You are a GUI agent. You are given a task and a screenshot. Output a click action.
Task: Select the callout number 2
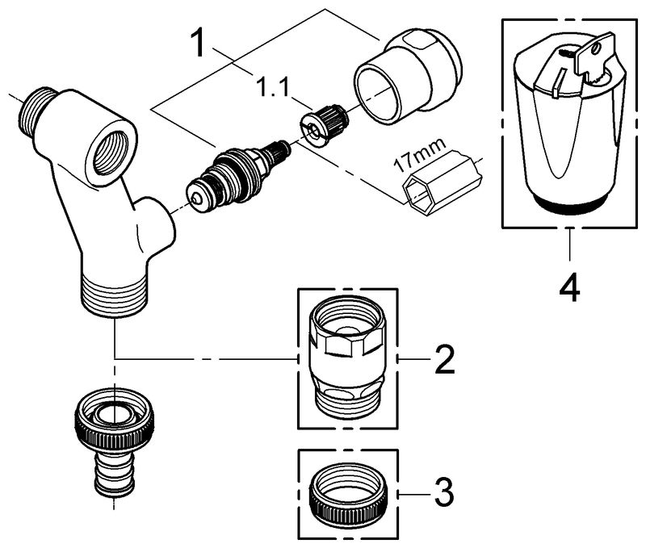click(443, 359)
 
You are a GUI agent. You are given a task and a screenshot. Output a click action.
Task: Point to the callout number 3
click(443, 490)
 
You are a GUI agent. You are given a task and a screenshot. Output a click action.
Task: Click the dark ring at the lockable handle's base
click(571, 206)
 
